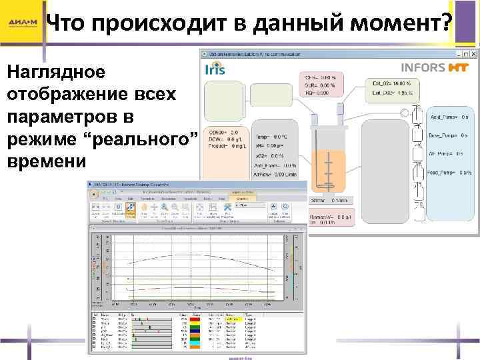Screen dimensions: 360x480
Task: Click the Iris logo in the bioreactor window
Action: (215, 69)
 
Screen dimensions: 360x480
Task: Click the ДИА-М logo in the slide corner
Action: (23, 23)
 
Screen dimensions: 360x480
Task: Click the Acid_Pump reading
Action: (451, 117)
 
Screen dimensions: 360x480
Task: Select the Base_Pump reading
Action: (451, 135)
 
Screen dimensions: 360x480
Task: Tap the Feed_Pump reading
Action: (451, 172)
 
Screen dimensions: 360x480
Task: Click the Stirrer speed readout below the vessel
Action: (329, 200)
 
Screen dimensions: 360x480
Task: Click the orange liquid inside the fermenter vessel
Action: (331, 173)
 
